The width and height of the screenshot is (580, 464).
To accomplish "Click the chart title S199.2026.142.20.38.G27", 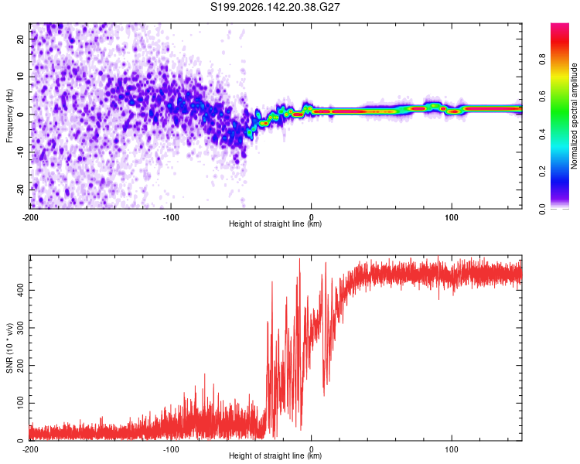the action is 275,7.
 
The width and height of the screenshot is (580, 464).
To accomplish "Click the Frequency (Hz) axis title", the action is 9,116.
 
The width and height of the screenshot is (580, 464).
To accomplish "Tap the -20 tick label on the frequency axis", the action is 20,189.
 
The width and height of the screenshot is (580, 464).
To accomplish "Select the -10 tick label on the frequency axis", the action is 20,152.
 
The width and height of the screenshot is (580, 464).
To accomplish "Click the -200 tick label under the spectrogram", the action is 30,217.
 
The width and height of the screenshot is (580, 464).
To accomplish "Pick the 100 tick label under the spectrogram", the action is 452,217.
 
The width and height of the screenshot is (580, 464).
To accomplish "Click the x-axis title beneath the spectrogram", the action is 275,223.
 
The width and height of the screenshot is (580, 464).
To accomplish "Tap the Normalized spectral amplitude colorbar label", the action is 574,116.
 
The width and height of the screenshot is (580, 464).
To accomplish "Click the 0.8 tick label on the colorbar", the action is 542,60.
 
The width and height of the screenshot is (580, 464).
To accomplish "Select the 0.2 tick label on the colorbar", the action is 542,172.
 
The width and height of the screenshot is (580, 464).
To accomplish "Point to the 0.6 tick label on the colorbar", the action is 542,97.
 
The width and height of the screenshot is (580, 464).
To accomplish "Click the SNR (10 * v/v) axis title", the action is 9,348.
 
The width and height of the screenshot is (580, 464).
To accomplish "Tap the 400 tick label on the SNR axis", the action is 20,290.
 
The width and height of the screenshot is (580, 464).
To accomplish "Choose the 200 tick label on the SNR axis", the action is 20,365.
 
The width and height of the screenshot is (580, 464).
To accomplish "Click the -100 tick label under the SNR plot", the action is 171,449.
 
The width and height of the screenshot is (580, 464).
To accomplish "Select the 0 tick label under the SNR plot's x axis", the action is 311,449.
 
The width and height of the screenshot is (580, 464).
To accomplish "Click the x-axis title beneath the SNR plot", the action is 275,455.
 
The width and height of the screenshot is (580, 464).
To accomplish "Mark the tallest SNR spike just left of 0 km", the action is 299,259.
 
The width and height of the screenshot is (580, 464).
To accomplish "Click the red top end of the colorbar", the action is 560,26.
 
